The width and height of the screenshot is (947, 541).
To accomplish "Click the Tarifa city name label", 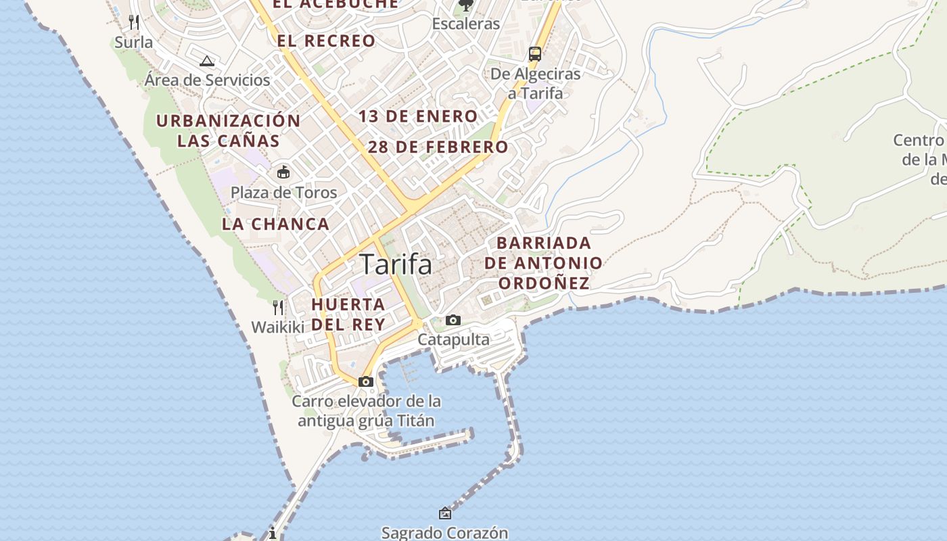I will point(396,264).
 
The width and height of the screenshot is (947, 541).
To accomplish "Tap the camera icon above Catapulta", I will point(453,321).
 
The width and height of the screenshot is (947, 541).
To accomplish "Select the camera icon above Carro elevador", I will point(366,382).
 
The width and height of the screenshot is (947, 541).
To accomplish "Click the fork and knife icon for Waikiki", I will point(278,308).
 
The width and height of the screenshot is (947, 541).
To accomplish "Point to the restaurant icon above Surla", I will point(134,22).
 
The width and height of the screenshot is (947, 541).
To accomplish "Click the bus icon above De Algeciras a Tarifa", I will point(534,54).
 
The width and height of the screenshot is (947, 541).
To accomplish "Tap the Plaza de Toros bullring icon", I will point(283,172).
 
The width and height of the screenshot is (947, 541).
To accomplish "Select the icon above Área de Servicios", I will point(207,61).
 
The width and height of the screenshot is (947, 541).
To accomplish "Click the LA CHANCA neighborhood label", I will point(276,224).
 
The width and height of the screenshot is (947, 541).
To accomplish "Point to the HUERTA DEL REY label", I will point(348,314).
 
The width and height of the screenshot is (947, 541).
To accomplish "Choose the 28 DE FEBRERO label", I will point(438,147).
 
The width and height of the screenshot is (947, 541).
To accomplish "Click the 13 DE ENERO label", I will point(418,116).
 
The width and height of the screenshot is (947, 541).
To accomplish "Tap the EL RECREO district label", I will point(326,41).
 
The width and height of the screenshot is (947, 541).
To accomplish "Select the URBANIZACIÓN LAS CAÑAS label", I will point(229,131).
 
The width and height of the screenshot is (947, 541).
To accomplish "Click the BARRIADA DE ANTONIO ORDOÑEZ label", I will point(544,263).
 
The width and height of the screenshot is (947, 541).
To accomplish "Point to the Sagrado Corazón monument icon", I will point(445,514).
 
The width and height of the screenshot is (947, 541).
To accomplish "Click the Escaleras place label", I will point(466,24).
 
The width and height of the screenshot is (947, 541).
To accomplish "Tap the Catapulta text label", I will point(453,339).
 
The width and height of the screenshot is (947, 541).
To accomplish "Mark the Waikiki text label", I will point(278,327).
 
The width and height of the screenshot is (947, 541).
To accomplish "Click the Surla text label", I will point(134,42).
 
